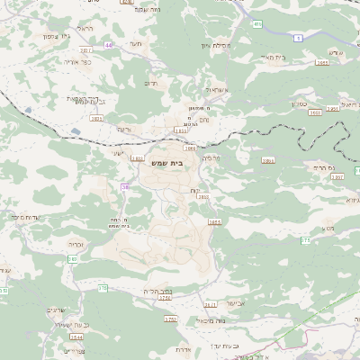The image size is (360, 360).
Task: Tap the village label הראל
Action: click(x=85, y=28)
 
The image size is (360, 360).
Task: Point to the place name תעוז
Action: click(x=135, y=42)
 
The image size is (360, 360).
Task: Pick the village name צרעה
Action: click(x=124, y=129)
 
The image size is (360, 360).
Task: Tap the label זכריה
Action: click(x=76, y=244)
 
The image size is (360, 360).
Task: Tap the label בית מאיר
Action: click(x=271, y=57)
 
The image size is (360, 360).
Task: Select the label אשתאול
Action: click(x=218, y=90)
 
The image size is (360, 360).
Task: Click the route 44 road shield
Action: click(x=109, y=44)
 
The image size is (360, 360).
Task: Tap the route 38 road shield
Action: click(x=125, y=186)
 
